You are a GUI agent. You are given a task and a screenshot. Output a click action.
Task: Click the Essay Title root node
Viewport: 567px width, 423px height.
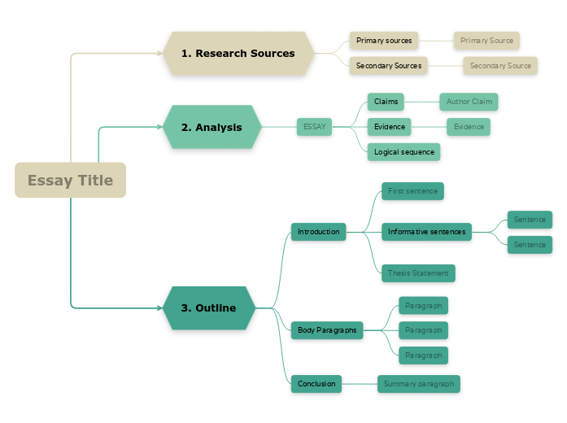click(x=70, y=181)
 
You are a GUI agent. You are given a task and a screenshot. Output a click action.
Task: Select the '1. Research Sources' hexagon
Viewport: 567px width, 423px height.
click(x=238, y=54)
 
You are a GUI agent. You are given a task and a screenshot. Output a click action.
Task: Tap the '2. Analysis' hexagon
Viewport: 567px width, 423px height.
click(x=212, y=127)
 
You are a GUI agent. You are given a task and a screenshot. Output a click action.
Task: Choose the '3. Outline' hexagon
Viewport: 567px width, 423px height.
click(x=208, y=308)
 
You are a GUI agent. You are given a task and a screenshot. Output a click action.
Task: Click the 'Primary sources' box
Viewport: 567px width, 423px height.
click(x=384, y=41)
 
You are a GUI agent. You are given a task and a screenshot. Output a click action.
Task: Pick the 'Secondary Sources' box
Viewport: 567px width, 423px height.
click(x=389, y=66)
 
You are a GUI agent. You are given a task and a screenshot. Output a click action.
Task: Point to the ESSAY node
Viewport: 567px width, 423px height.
click(x=314, y=127)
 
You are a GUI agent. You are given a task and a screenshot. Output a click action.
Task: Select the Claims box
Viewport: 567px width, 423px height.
click(x=386, y=102)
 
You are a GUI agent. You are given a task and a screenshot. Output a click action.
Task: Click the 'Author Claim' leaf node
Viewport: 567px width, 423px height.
click(x=469, y=102)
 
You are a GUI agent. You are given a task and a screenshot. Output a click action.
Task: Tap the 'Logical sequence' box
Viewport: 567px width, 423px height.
click(x=403, y=152)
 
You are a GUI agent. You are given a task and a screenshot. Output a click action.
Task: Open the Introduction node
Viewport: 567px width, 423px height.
click(x=318, y=232)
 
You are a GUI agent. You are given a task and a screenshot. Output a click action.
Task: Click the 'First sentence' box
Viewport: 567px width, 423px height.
click(x=412, y=191)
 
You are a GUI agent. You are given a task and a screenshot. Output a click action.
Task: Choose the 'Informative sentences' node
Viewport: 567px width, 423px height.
click(x=426, y=232)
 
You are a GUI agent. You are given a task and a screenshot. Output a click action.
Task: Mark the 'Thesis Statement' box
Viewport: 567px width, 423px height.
click(x=418, y=273)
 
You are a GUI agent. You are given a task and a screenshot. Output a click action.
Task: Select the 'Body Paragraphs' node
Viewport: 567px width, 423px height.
click(x=326, y=330)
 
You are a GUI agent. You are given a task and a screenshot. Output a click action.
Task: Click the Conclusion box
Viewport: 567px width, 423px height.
click(x=316, y=384)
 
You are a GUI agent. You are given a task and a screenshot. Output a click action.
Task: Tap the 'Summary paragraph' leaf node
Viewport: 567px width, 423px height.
click(x=419, y=384)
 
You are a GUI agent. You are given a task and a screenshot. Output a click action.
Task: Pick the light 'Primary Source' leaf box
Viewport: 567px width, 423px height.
click(x=486, y=41)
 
